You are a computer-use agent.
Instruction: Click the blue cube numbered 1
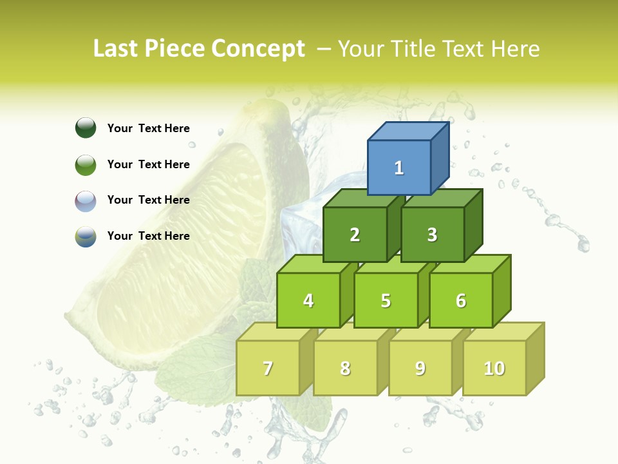tap(399, 168)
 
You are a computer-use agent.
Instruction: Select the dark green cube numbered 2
tap(355, 235)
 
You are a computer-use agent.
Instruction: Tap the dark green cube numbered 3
tap(432, 235)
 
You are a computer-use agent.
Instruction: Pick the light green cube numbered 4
tap(308, 300)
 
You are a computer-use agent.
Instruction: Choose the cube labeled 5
tap(386, 300)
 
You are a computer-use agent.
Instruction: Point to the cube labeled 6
tap(461, 300)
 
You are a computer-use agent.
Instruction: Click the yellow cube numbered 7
tap(268, 368)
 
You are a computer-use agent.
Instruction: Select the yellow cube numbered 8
tap(345, 368)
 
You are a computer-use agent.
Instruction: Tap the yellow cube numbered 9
tap(420, 368)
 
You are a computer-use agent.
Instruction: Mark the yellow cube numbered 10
tap(494, 368)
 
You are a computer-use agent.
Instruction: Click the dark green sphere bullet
tap(86, 128)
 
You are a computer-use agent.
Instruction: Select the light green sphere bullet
tap(86, 164)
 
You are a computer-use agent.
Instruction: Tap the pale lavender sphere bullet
tap(86, 200)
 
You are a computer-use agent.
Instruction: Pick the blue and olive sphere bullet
tap(86, 237)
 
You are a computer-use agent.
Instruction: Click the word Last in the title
tap(117, 49)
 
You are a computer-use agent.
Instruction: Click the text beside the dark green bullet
tap(149, 128)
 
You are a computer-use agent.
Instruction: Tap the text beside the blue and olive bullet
tap(149, 236)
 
